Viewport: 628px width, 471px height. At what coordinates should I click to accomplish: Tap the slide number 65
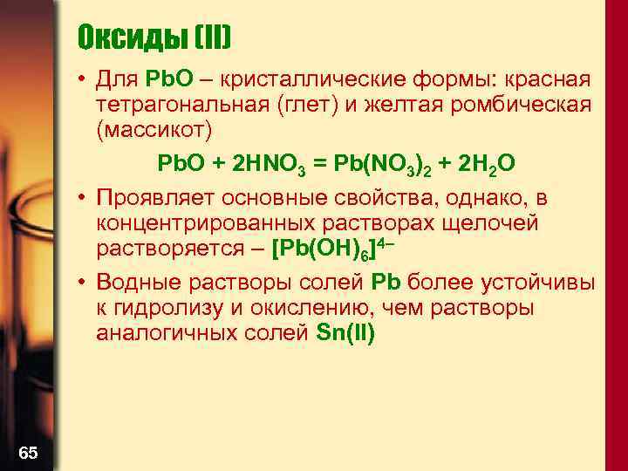tap(28, 452)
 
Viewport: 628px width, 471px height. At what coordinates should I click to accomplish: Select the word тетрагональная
tap(186, 106)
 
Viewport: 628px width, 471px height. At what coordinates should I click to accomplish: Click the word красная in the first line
tap(546, 80)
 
